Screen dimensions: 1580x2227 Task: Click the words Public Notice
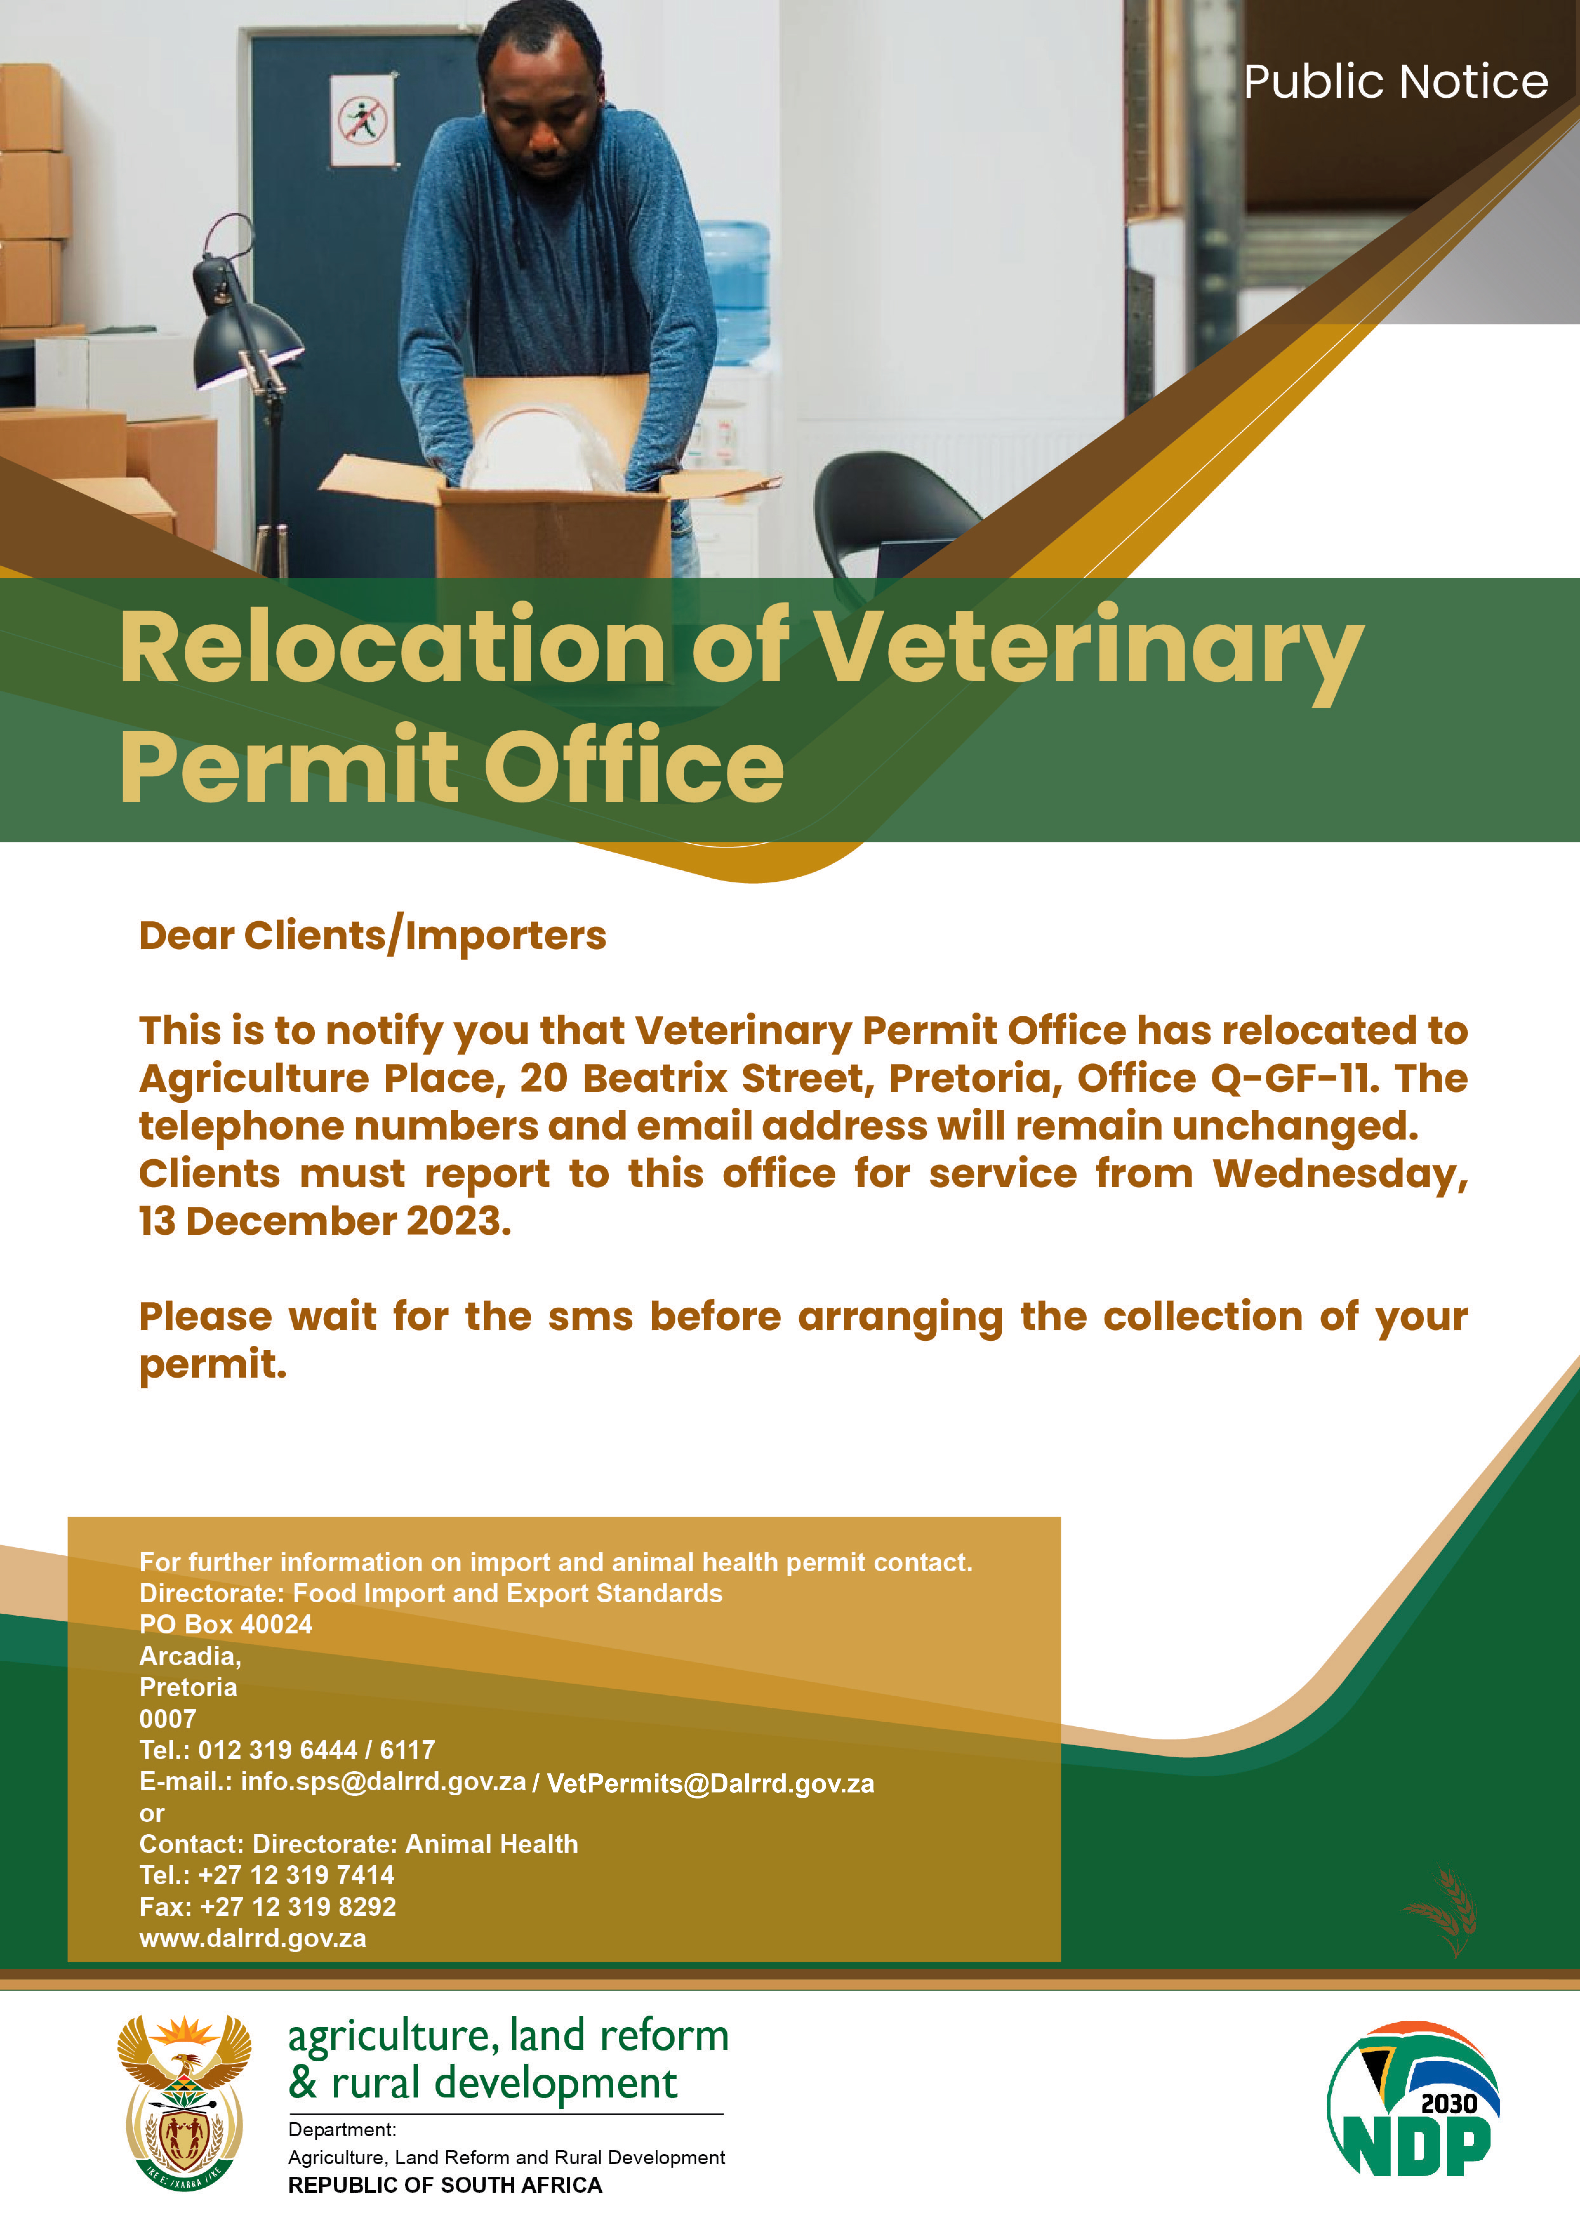pyautogui.click(x=1395, y=82)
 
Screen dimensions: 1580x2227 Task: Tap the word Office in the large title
pyautogui.click(x=633, y=767)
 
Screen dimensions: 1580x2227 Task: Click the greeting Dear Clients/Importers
pyautogui.click(x=373, y=936)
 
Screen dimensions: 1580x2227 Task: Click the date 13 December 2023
pyautogui.click(x=325, y=1221)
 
